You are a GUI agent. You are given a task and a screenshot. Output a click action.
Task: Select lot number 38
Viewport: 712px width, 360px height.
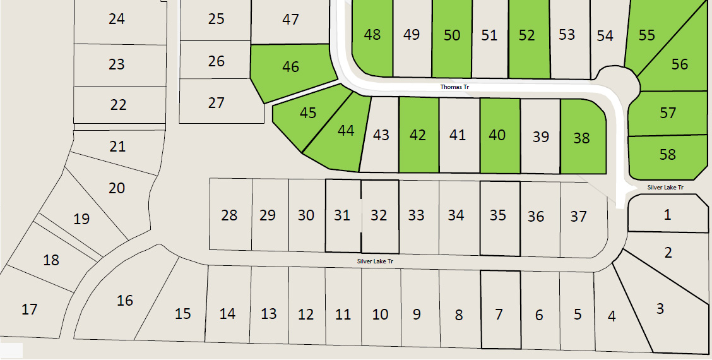[581, 137]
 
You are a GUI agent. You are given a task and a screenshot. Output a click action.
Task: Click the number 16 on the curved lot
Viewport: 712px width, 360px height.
[125, 301]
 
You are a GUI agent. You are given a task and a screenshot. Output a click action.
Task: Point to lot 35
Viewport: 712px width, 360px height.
[498, 215]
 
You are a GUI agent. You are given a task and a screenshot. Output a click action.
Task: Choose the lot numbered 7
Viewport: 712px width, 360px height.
[499, 314]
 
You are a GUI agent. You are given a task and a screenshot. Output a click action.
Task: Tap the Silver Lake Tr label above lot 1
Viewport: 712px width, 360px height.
[665, 188]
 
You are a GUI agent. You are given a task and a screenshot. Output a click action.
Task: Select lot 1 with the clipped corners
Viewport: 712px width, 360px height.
[668, 215]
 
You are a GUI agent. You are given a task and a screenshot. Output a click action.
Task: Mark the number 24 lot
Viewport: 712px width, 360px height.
[117, 19]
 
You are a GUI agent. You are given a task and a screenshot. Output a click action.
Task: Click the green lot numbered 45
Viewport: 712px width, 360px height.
[308, 113]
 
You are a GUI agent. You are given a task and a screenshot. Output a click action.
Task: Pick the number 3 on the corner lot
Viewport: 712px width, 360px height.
[660, 309]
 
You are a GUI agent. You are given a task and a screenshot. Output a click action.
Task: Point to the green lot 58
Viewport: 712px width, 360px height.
[667, 155]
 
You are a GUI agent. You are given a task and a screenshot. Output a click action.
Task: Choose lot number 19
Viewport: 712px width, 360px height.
[81, 219]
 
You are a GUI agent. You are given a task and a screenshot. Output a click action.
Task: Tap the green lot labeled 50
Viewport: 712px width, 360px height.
[452, 35]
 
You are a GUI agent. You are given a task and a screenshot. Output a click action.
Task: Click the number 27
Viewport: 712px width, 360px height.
[216, 103]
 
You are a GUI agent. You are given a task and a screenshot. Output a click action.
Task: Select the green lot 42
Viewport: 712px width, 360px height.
[418, 135]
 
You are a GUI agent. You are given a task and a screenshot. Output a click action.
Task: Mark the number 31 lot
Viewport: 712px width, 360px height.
[342, 215]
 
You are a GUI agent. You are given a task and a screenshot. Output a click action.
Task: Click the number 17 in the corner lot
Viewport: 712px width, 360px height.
[30, 309]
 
